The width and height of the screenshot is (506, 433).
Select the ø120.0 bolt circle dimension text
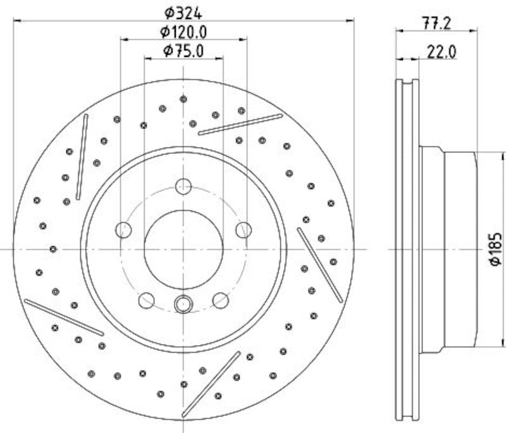click(183, 32)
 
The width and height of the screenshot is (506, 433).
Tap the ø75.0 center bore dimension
click(183, 51)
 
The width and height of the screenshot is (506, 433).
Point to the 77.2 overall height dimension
click(436, 24)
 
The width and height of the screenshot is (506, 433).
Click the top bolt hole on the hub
click(183, 187)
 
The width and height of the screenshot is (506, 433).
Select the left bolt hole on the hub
click(124, 230)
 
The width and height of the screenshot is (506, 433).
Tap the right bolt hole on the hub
click(244, 230)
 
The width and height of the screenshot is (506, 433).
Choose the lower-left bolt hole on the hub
click(147, 300)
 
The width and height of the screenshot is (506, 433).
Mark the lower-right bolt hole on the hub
click(221, 300)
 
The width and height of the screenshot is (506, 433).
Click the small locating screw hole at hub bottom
click(183, 304)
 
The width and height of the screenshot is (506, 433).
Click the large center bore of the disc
click(183, 249)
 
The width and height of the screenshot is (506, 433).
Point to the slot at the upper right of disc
click(240, 125)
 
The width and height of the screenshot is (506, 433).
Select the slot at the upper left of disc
click(82, 157)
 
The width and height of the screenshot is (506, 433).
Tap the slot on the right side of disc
click(320, 265)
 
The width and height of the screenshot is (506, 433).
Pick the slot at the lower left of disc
click(64, 317)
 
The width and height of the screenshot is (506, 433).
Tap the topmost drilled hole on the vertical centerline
click(183, 99)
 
